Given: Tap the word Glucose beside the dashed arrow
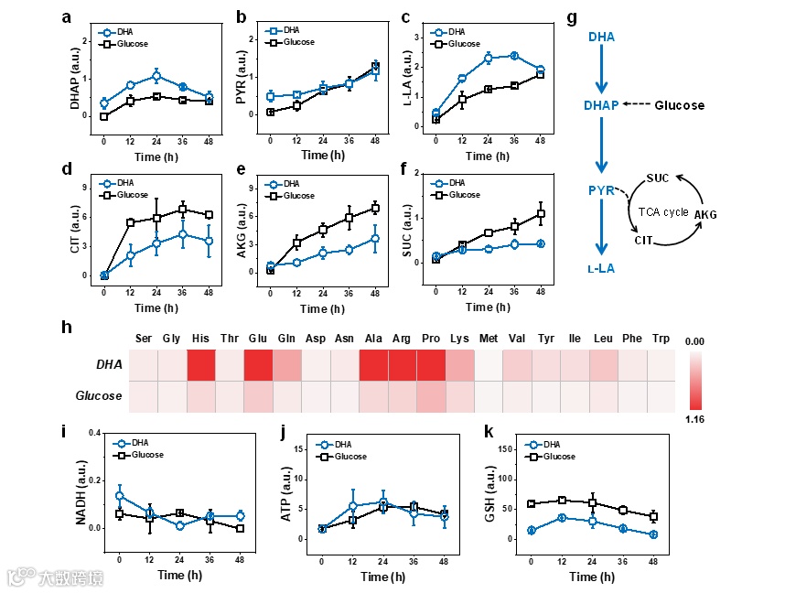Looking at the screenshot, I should coord(680,105).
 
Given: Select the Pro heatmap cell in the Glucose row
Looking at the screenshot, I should coord(431,396).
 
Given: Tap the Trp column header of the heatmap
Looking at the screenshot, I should coord(660,339).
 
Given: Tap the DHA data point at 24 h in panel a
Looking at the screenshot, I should coord(156,76).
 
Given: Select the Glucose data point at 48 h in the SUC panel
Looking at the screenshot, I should coord(541,214).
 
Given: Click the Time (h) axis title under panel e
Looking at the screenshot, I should coord(321,307).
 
